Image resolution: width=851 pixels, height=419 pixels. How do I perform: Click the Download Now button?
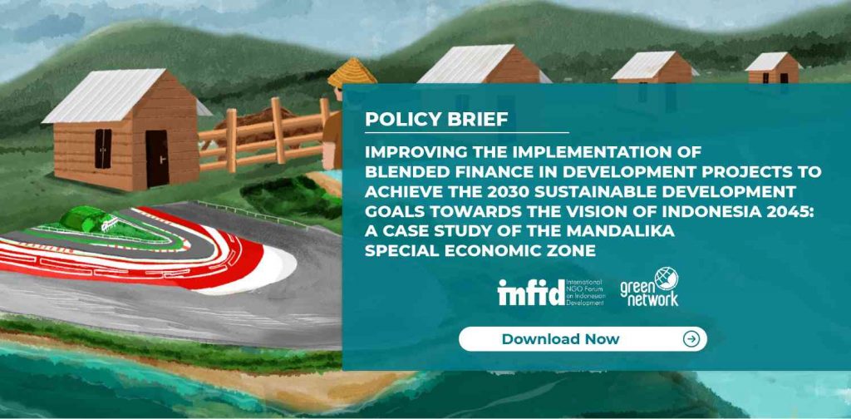[x=583, y=339]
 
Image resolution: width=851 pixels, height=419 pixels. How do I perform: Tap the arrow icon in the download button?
[x=691, y=339]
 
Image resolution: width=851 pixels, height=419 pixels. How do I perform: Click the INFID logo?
[x=551, y=292]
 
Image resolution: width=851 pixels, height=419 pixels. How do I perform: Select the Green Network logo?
[x=649, y=287]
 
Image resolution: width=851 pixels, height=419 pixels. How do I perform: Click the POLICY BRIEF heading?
[x=437, y=120]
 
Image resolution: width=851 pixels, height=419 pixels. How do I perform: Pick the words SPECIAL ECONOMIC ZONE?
[x=480, y=250]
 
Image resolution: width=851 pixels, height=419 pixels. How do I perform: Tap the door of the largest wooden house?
[x=157, y=158]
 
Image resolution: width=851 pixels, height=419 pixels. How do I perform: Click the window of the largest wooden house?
[x=103, y=148]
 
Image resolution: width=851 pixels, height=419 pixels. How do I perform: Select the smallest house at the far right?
[x=774, y=68]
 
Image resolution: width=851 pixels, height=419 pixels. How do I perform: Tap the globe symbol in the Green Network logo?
[x=666, y=279]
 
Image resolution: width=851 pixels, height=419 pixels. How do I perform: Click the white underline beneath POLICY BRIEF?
[x=467, y=132]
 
